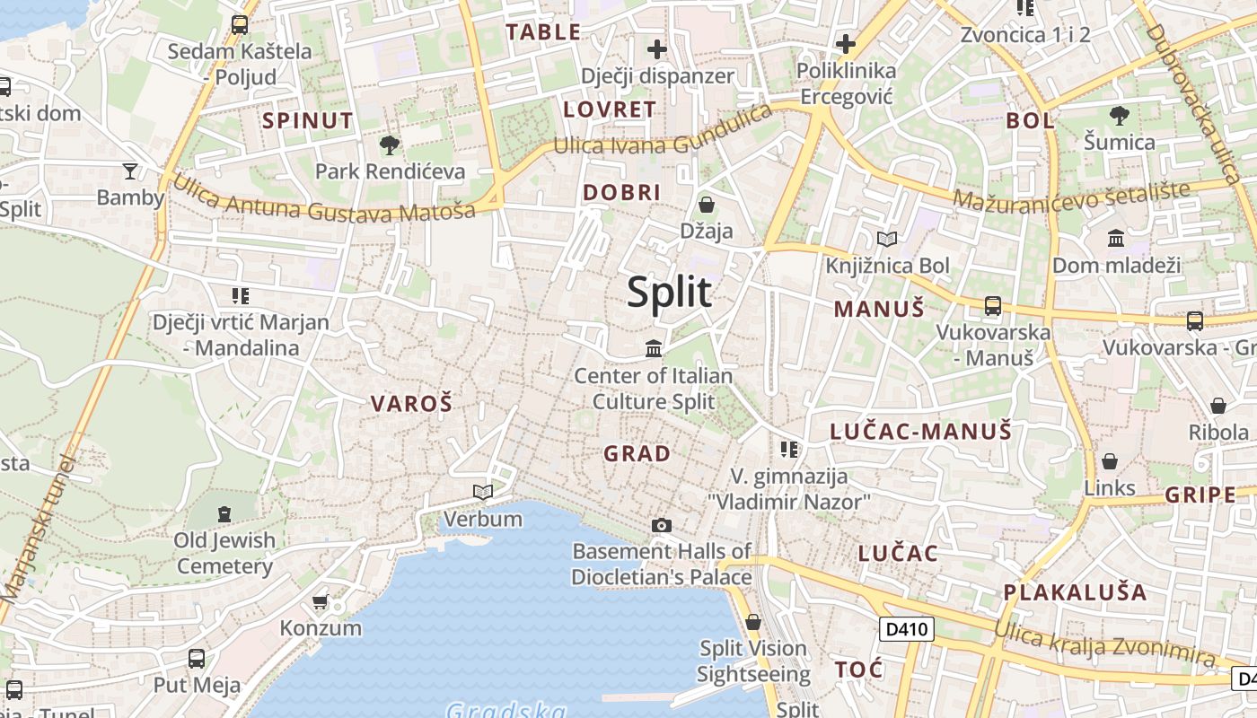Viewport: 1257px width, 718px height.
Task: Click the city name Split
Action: click(670, 293)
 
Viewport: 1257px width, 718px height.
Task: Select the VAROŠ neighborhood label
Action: click(411, 404)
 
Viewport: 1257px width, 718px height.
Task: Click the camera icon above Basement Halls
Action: click(662, 525)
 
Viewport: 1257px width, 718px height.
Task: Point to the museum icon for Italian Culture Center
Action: click(654, 348)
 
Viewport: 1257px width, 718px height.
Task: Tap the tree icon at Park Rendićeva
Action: click(390, 145)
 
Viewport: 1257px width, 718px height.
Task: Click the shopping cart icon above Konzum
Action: click(321, 601)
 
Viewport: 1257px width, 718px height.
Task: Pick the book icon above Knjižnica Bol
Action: click(887, 239)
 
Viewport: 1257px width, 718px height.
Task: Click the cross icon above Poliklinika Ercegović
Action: click(846, 43)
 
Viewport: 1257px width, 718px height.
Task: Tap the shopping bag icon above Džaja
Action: click(707, 205)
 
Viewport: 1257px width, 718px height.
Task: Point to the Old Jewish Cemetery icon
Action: click(224, 514)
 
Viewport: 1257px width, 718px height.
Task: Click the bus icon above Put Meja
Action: click(197, 659)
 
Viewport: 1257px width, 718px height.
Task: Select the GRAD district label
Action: click(637, 454)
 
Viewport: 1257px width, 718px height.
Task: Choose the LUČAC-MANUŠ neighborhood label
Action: click(920, 432)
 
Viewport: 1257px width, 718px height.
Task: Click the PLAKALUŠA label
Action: click(1075, 592)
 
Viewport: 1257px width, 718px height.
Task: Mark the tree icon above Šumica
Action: click(1119, 116)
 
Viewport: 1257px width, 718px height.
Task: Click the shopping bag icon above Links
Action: click(1110, 462)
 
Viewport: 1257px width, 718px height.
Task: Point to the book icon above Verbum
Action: click(483, 492)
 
